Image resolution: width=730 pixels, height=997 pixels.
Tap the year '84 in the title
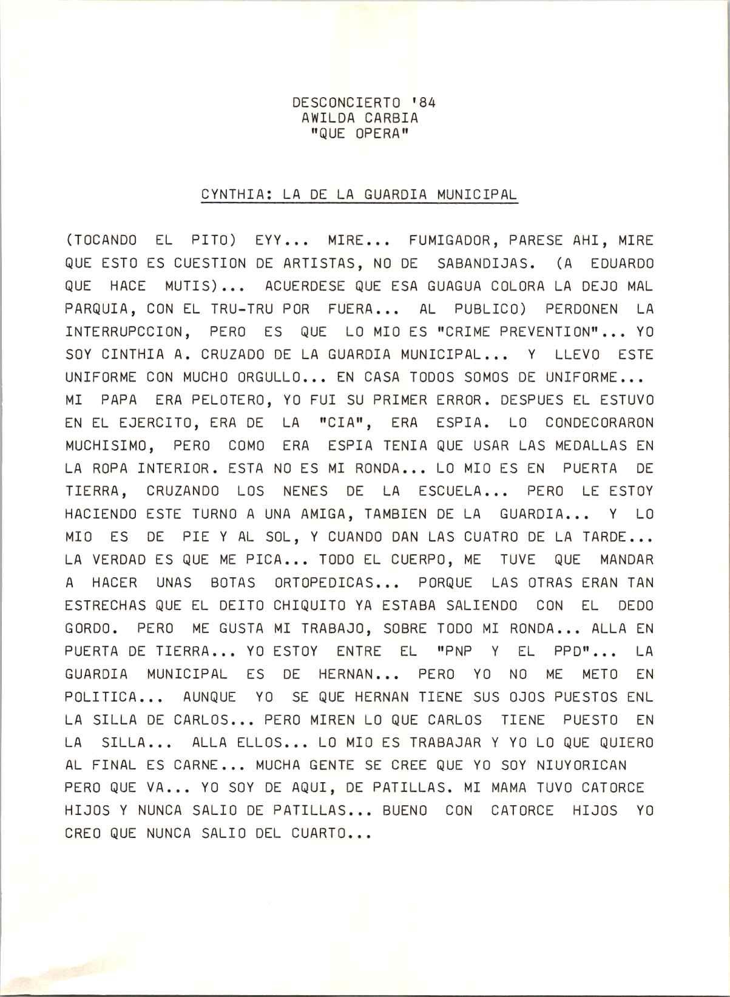coord(422,103)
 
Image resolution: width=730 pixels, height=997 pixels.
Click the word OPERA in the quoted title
coord(377,134)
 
